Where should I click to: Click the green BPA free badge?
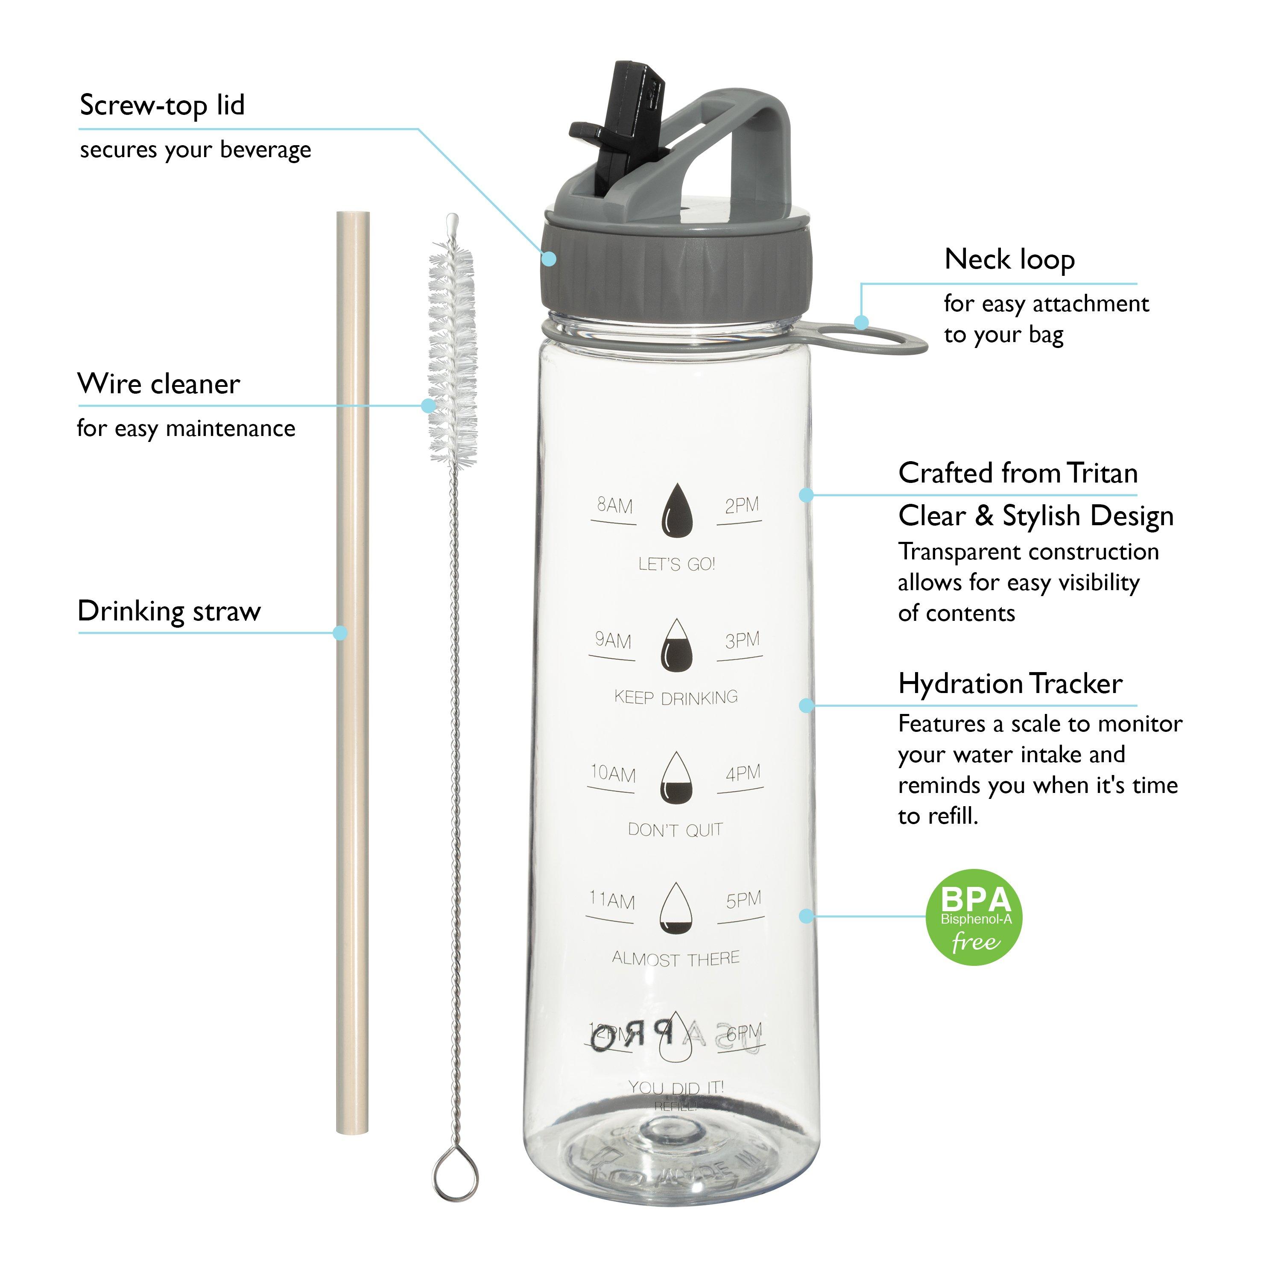974,917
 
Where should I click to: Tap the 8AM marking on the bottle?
614,506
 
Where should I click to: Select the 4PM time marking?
743,774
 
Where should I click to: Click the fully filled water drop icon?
676,511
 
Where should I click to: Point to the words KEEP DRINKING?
676,697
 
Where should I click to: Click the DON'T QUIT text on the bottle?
675,830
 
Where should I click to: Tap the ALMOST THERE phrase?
675,959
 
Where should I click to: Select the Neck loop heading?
1009,259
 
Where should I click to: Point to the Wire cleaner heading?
158,384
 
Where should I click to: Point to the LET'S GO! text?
676,564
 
